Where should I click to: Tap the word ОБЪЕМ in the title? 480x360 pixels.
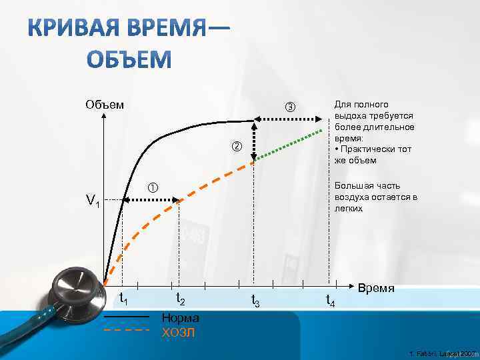tap(130, 60)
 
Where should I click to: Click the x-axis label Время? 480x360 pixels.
tap(377, 289)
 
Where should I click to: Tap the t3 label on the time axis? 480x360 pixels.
tap(255, 301)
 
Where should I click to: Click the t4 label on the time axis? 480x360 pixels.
tap(330, 301)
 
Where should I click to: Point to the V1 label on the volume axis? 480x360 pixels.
tap(92, 201)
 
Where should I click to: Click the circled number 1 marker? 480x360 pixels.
tap(151, 187)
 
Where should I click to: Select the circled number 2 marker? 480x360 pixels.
tap(237, 146)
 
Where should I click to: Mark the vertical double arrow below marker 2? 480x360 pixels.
tap(254, 141)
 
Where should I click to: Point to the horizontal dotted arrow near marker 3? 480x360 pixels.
tap(287, 119)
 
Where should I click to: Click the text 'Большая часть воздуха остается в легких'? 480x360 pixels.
tap(376, 197)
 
